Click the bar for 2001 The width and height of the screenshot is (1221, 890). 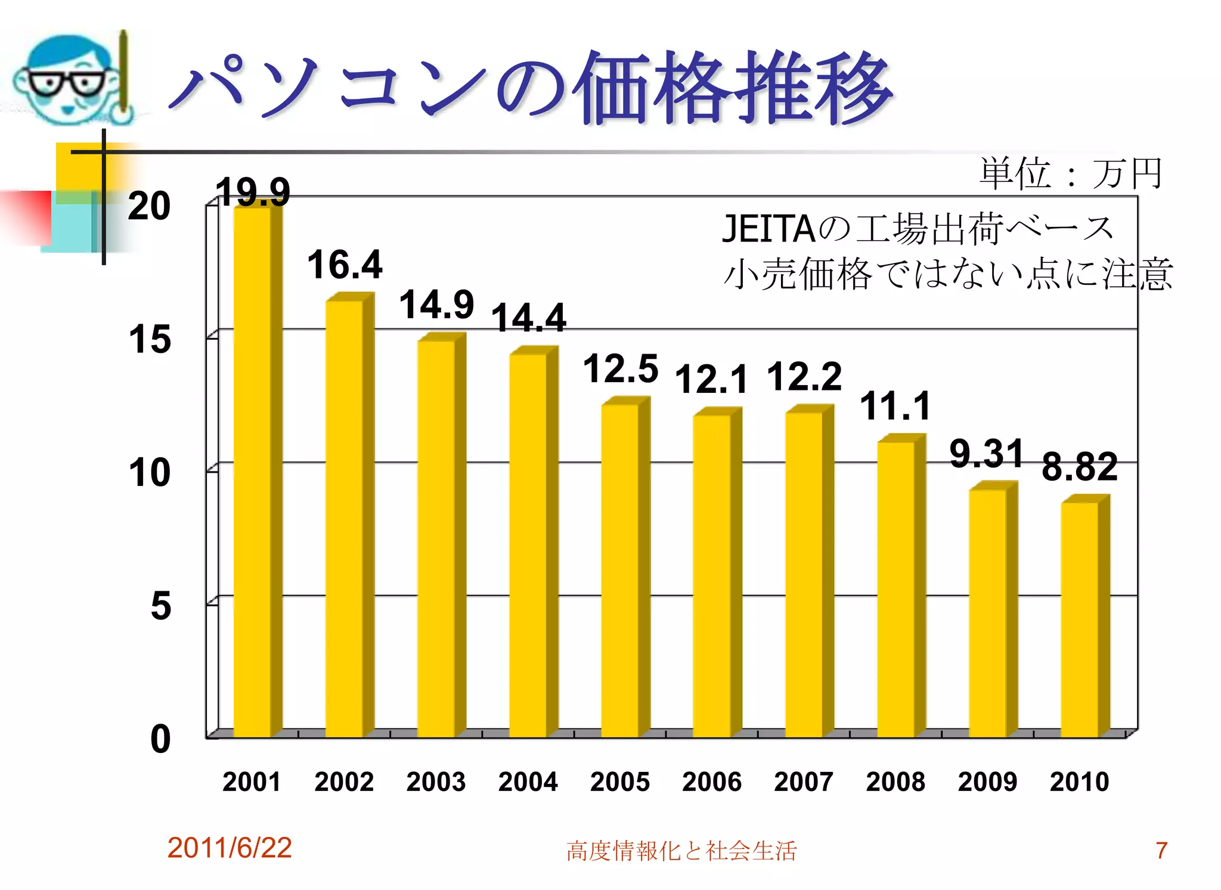pos(252,471)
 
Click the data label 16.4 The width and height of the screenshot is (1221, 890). pos(345,265)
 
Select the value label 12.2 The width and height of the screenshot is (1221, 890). pos(804,377)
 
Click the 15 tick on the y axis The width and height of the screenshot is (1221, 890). pos(150,339)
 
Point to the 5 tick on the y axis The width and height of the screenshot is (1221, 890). pos(160,606)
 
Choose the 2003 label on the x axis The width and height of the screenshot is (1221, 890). pos(436,782)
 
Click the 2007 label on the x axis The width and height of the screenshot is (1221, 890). pos(804,782)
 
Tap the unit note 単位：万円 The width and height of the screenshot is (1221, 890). pos(1071,173)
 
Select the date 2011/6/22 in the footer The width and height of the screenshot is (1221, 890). pos(230,848)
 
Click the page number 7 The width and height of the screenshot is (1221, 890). pos(1161,851)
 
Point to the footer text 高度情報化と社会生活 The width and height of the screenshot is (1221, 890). pos(681,851)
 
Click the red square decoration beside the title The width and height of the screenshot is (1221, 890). pos(27,217)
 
